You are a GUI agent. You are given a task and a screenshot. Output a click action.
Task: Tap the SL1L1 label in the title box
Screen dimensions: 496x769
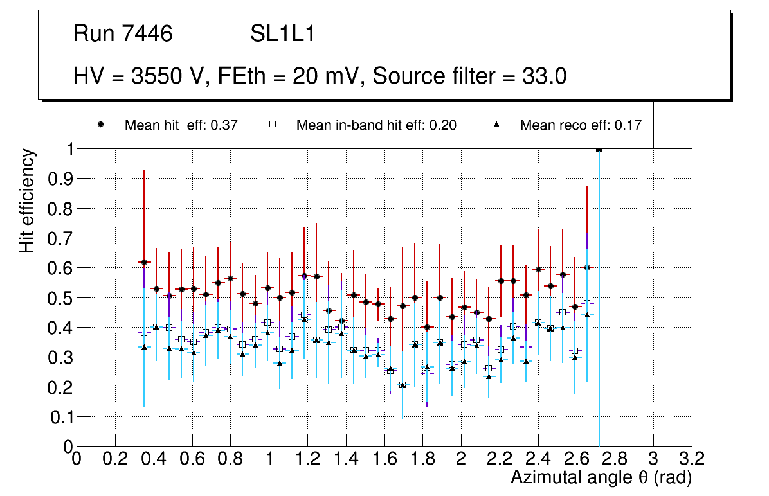[283, 34]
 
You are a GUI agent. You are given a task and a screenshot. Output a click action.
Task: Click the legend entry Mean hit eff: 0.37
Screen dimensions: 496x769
[181, 125]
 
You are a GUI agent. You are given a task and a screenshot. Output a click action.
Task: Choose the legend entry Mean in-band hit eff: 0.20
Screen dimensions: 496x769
[376, 125]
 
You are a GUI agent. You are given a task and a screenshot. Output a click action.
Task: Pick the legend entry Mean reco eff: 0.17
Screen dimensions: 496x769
[580, 125]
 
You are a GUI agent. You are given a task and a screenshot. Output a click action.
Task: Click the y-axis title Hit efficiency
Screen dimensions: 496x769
[27, 200]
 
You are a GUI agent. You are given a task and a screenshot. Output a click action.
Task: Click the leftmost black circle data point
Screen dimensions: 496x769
[144, 262]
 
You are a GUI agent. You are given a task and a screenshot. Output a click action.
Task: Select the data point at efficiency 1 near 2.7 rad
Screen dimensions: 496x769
[599, 149]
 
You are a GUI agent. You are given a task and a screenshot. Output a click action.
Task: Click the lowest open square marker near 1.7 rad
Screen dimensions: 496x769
[403, 385]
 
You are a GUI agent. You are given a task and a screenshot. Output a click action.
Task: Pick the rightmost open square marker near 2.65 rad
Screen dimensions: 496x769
[586, 303]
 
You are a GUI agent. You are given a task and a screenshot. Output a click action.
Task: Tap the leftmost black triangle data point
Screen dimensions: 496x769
[144, 347]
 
